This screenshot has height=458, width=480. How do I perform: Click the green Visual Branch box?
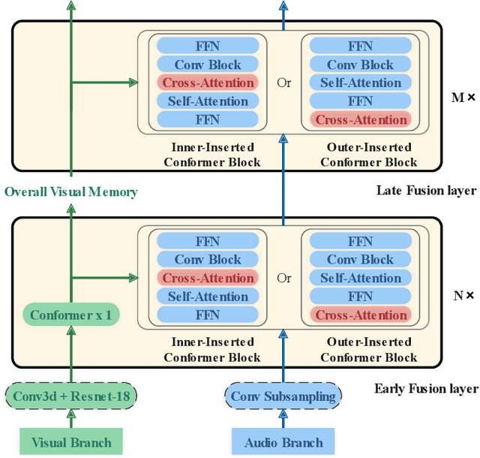click(70, 442)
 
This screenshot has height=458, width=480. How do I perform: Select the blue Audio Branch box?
click(283, 442)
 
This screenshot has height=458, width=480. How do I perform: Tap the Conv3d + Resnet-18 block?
click(70, 396)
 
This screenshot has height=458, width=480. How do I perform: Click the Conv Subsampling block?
click(283, 396)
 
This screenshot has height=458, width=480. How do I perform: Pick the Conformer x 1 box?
click(70, 315)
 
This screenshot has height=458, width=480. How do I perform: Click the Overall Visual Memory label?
click(71, 191)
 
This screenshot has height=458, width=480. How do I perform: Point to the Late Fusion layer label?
click(425, 190)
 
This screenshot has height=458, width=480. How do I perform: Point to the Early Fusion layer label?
click(425, 388)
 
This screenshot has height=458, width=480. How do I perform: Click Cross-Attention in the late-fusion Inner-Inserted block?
click(208, 83)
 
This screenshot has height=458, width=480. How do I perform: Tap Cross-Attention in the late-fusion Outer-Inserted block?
click(361, 119)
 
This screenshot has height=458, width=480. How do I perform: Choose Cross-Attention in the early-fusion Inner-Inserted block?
click(208, 278)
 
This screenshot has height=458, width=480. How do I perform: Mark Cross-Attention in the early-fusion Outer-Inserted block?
click(361, 315)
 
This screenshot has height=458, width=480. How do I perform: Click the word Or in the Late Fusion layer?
click(283, 83)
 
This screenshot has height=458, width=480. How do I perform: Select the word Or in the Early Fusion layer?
click(283, 278)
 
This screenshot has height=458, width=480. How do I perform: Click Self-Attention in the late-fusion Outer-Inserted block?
click(361, 83)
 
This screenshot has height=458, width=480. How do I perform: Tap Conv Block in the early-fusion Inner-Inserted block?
click(208, 260)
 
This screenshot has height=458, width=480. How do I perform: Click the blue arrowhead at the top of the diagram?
click(283, 5)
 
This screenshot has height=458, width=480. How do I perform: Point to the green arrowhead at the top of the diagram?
click(71, 5)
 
